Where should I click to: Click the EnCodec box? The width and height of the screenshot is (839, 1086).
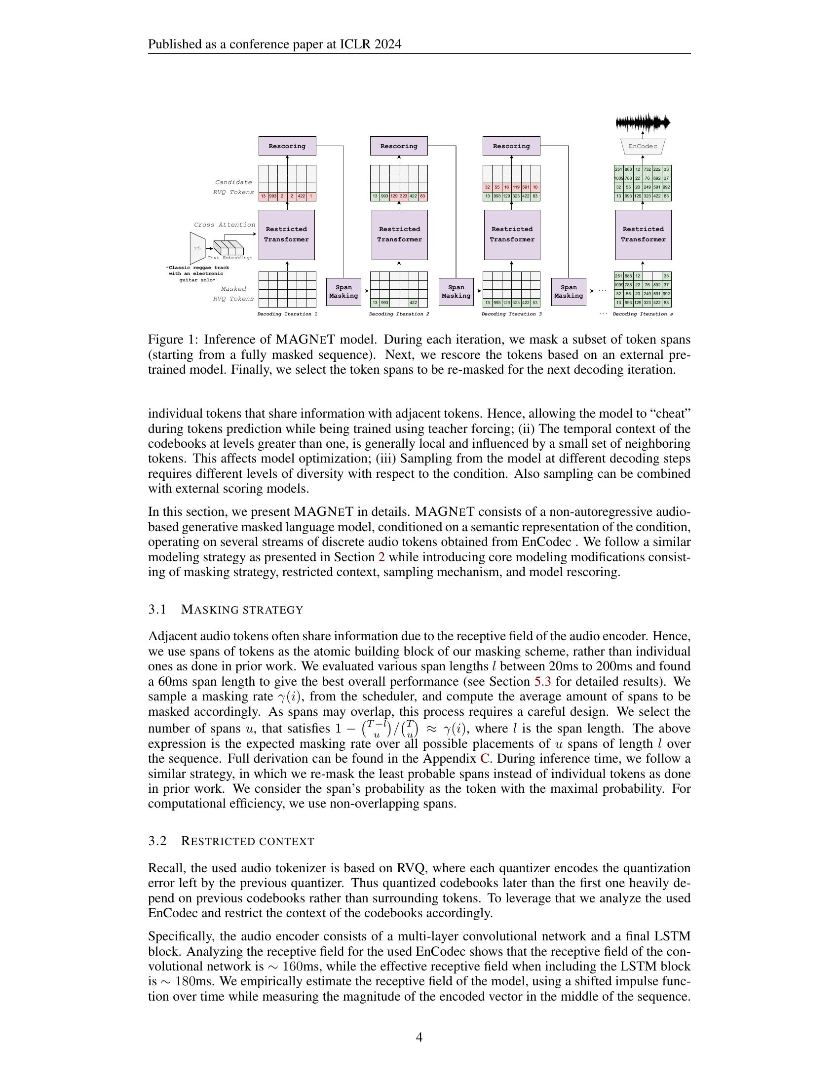(x=643, y=146)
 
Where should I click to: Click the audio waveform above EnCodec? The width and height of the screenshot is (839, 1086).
(x=643, y=122)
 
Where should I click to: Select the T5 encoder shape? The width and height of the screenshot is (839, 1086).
(x=198, y=248)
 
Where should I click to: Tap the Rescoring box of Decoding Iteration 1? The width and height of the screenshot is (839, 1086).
(x=287, y=146)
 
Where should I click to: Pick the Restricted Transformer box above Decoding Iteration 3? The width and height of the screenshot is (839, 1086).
(x=512, y=234)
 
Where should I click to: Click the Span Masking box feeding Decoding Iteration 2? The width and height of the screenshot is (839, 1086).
(x=343, y=291)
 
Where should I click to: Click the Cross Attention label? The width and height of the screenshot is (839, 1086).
(x=224, y=225)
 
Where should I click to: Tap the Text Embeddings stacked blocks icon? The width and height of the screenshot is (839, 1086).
(x=229, y=247)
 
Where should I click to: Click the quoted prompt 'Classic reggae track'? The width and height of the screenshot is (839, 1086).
(x=198, y=268)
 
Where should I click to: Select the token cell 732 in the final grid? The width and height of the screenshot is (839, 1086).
(x=647, y=169)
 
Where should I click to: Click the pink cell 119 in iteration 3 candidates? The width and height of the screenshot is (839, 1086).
(x=516, y=188)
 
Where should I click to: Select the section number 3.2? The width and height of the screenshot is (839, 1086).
(x=157, y=841)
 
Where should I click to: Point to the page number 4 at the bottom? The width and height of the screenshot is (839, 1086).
(x=419, y=1037)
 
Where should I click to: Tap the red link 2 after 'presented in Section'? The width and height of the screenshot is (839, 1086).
(x=381, y=557)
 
